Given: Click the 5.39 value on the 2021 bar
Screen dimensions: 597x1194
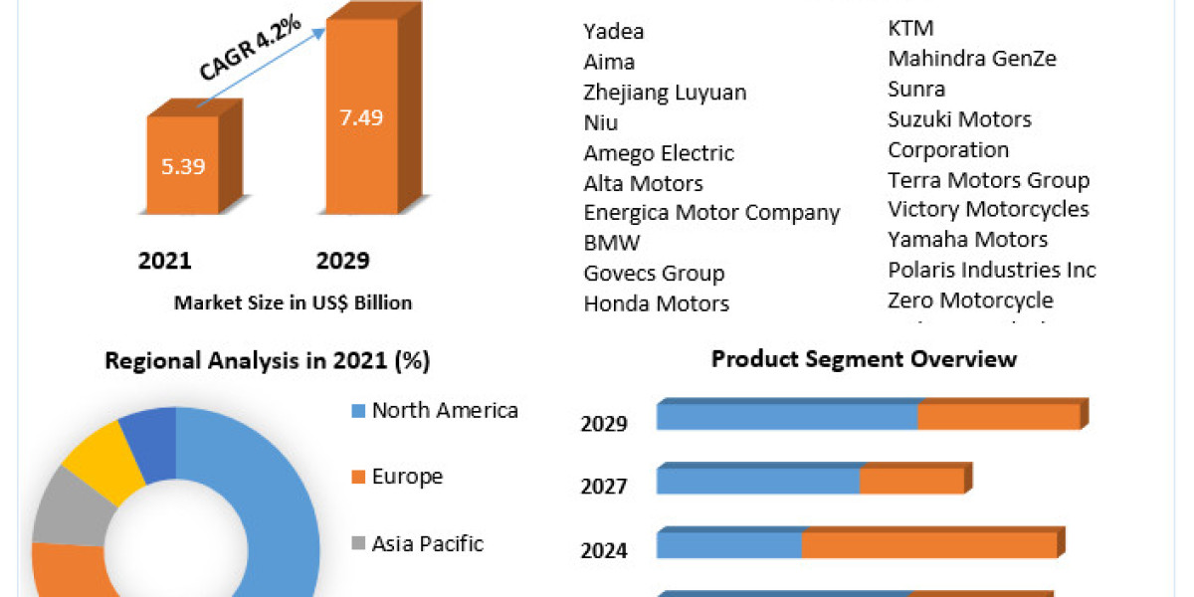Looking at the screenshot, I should pos(183,166).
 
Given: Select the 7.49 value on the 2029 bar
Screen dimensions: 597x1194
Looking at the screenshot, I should pos(360,116).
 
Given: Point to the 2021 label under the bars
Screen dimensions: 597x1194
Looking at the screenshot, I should pos(164,261).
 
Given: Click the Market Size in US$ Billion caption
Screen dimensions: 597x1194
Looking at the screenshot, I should pos(293,302).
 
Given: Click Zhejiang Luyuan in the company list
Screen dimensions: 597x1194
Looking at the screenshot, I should pos(665,93).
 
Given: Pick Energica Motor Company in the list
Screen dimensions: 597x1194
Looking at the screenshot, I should pos(711,212).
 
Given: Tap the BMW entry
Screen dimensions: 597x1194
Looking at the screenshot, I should pos(612,242).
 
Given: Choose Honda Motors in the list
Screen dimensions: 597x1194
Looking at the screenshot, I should pos(657,303).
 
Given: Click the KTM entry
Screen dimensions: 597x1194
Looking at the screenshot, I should pos(910,28).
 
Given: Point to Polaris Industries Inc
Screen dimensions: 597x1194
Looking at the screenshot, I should pos(992,270).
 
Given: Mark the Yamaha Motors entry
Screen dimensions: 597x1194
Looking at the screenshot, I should pos(967,239).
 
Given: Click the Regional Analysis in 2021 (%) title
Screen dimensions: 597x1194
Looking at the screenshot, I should pos(268,361).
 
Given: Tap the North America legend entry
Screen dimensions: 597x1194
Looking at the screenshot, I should pos(444,410).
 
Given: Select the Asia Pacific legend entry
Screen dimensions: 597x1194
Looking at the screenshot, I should pos(427,543).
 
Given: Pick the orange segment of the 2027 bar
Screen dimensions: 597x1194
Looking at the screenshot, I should pos(911,482).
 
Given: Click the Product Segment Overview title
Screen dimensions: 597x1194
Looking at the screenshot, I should pos(864,358).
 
